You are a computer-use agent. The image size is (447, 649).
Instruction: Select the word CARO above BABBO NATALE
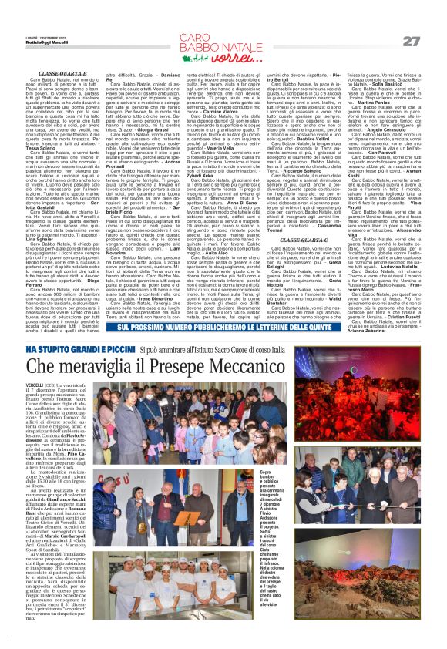point(197,36)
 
